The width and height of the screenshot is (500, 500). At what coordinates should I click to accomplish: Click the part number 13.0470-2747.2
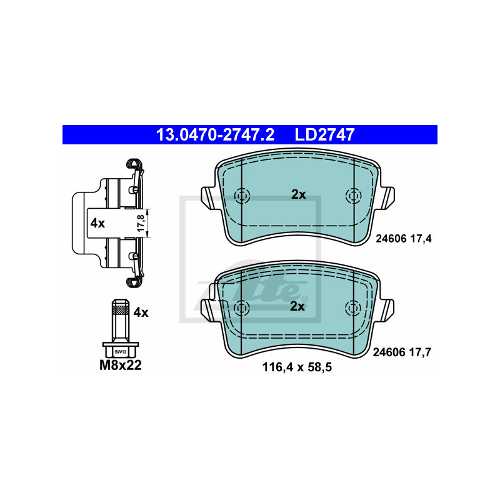pos(215,134)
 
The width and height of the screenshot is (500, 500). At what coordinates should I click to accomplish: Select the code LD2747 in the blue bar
pos(324,134)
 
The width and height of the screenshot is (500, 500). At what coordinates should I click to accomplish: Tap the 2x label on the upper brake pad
pos(299,194)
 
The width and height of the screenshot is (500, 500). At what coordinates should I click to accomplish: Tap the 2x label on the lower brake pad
pos(297,306)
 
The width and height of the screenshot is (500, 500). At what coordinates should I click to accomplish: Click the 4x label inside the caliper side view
pos(97,223)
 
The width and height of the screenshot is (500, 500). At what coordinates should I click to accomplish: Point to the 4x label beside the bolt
pos(141,312)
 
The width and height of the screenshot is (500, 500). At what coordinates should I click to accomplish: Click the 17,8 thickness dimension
pos(141,223)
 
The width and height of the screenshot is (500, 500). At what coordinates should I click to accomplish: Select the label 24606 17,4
pos(403,239)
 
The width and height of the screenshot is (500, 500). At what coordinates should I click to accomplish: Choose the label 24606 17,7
pos(402,352)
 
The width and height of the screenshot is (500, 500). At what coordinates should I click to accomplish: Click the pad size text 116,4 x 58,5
pos(297,367)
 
